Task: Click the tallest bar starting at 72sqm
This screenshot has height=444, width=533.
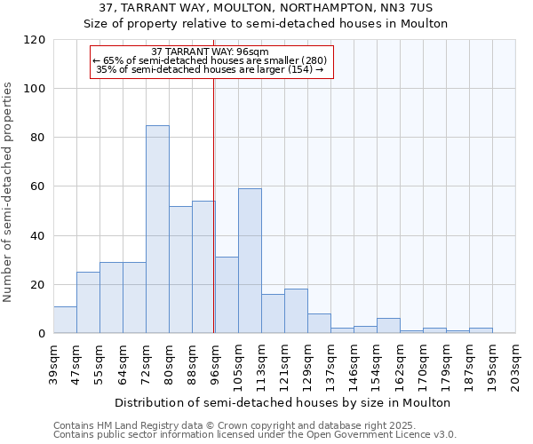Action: (x=157, y=229)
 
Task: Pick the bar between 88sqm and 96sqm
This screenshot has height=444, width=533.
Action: (x=203, y=267)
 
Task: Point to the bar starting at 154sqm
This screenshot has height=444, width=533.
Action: (x=388, y=326)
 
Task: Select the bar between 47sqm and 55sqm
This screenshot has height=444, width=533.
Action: (x=88, y=303)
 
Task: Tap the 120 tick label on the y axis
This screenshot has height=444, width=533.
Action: (x=35, y=40)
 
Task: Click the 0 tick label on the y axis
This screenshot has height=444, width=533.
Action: (x=42, y=334)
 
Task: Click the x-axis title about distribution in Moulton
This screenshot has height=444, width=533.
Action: (x=284, y=402)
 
